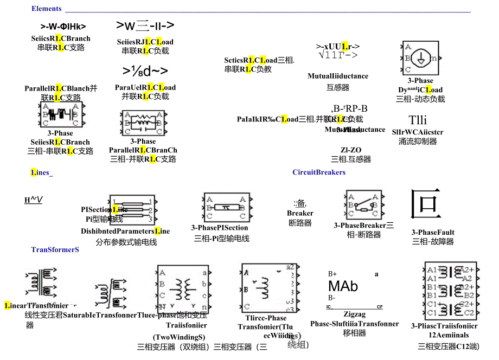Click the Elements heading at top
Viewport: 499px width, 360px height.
click(47, 9)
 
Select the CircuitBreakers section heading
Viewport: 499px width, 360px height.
click(319, 172)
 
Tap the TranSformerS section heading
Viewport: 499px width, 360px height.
click(55, 249)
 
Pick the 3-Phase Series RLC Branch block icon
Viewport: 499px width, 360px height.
click(60, 114)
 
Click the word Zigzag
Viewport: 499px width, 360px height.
click(354, 314)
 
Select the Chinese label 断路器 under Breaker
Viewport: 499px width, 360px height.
click(300, 223)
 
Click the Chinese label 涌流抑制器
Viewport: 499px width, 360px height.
click(418, 141)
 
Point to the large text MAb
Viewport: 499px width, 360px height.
click(343, 286)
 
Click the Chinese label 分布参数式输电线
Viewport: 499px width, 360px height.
click(126, 242)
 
